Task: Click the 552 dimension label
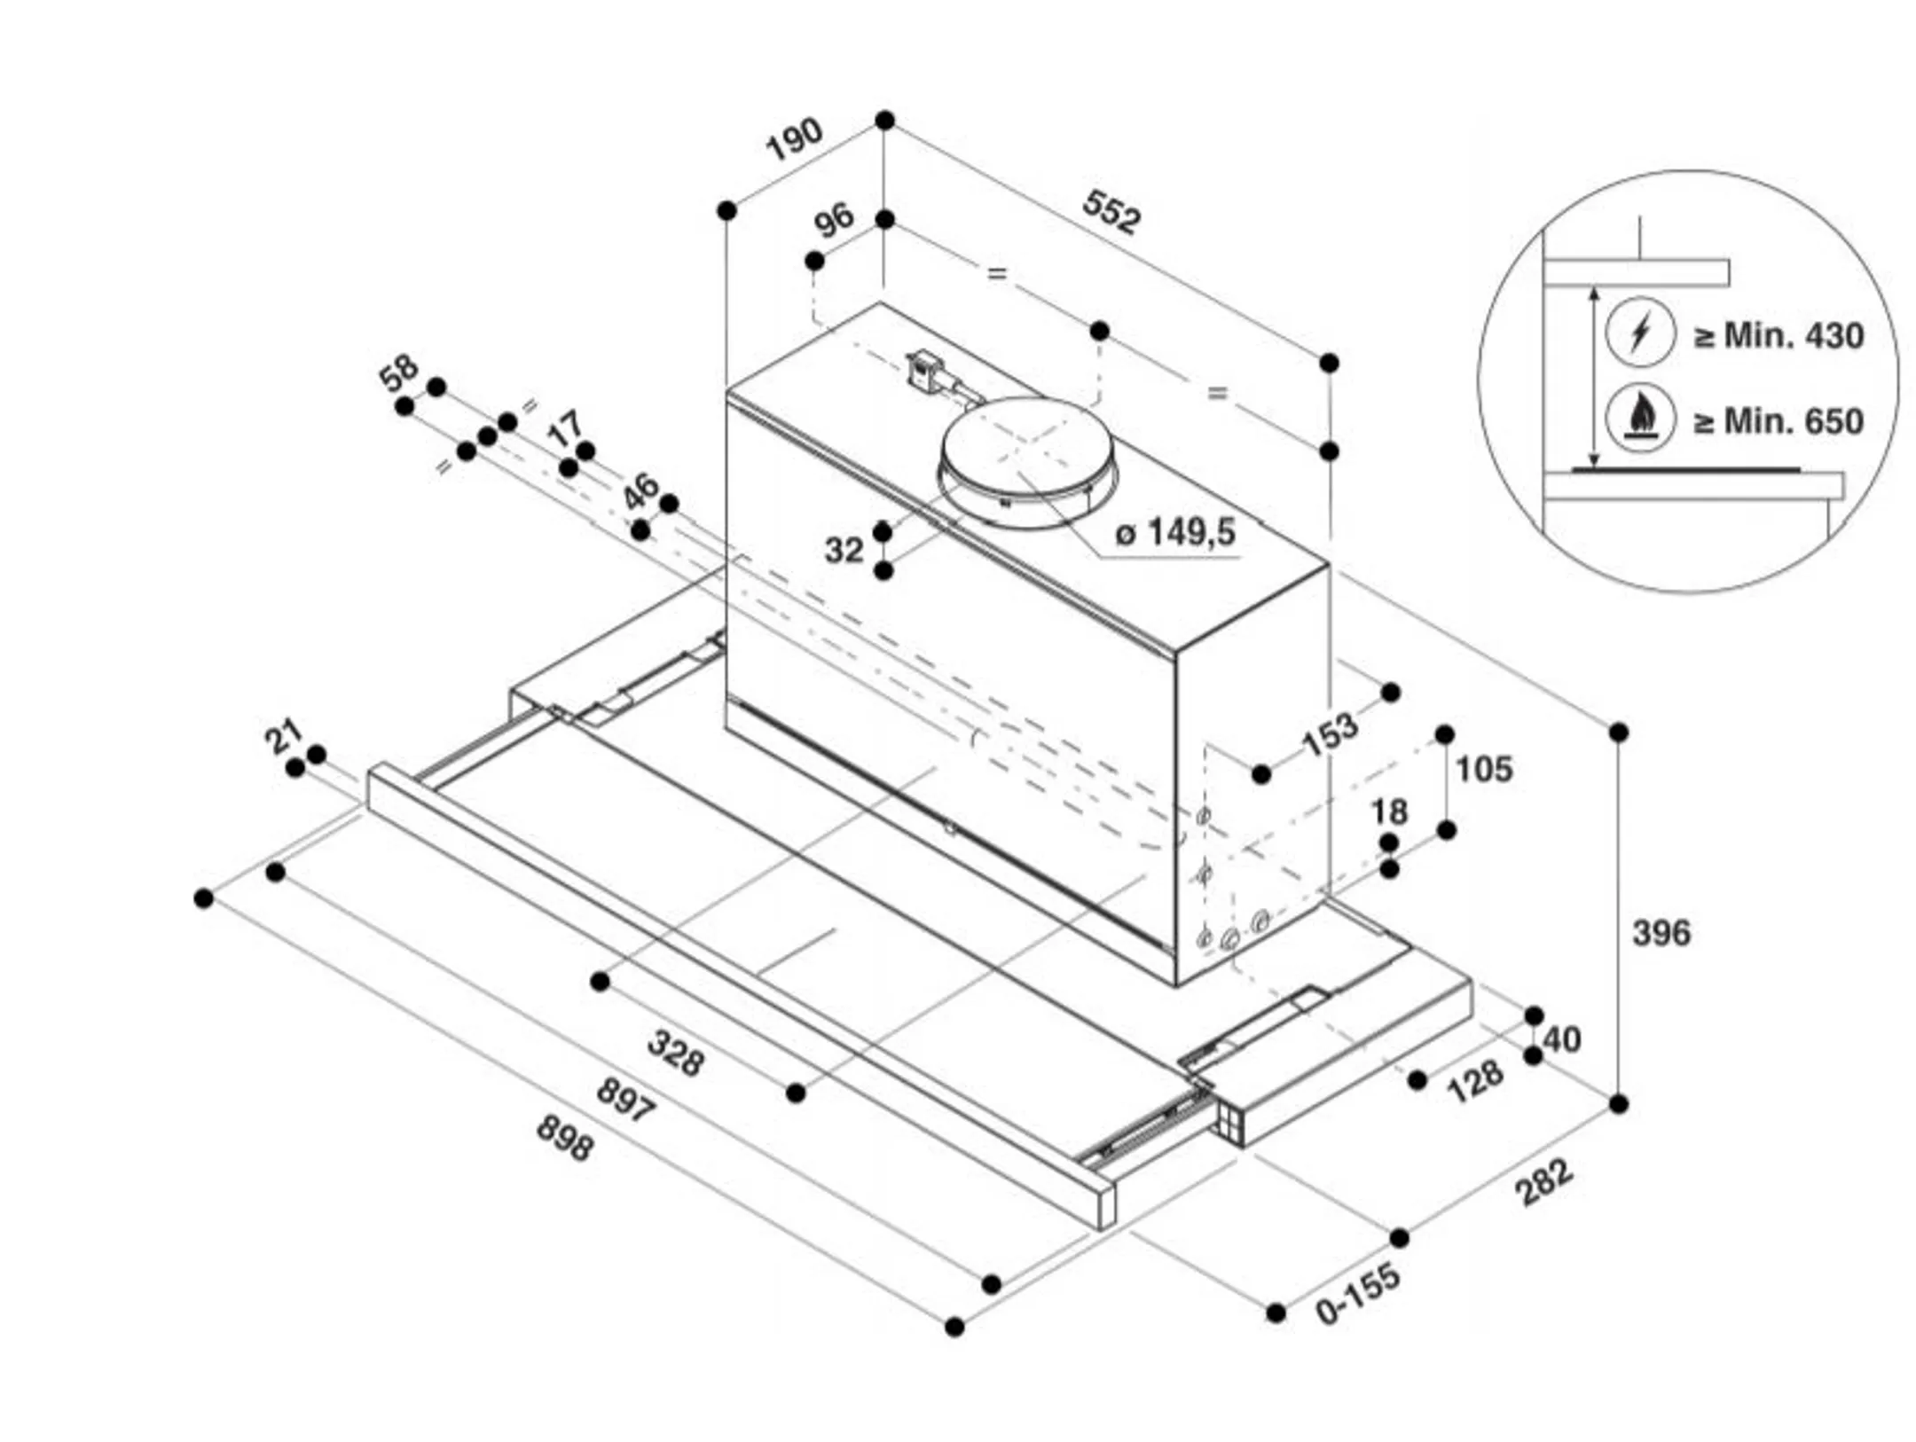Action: [x=1111, y=212]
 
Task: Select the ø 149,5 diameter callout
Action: [x=1174, y=532]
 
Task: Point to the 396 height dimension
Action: [x=1661, y=932]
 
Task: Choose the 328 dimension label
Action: [x=676, y=1052]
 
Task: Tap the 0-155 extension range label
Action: [x=1358, y=1293]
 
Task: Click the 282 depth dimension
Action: [x=1545, y=1182]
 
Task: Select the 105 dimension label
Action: [x=1485, y=768]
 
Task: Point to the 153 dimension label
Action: [x=1330, y=734]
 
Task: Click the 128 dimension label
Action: [x=1475, y=1081]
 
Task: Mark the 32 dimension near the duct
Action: [x=844, y=550]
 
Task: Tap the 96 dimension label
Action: [x=834, y=219]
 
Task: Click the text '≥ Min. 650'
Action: [x=1778, y=420]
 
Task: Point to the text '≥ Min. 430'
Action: [x=1778, y=335]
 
